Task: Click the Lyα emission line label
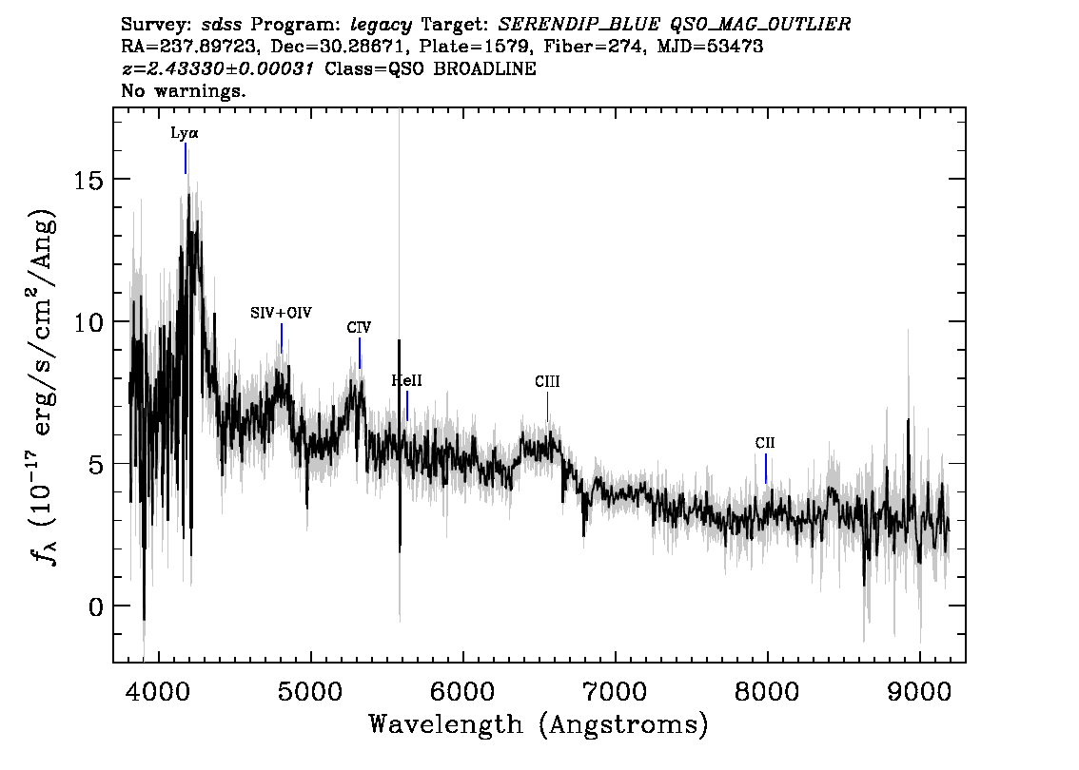click(185, 133)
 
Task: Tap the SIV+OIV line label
click(281, 313)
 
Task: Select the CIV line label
click(360, 327)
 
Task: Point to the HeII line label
click(406, 380)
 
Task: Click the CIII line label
click(547, 381)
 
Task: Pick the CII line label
click(765, 443)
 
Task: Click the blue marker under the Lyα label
click(186, 158)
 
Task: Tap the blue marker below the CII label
click(766, 469)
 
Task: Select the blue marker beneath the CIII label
click(548, 407)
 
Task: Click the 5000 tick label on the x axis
click(311, 692)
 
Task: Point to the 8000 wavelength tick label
click(767, 692)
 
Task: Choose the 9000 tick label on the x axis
click(918, 692)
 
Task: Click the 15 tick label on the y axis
click(88, 180)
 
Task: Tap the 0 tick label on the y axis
click(96, 606)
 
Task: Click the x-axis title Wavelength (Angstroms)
click(539, 724)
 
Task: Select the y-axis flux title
click(43, 386)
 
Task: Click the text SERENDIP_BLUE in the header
click(579, 25)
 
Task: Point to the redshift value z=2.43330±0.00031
click(218, 68)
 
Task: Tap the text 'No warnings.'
click(183, 90)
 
